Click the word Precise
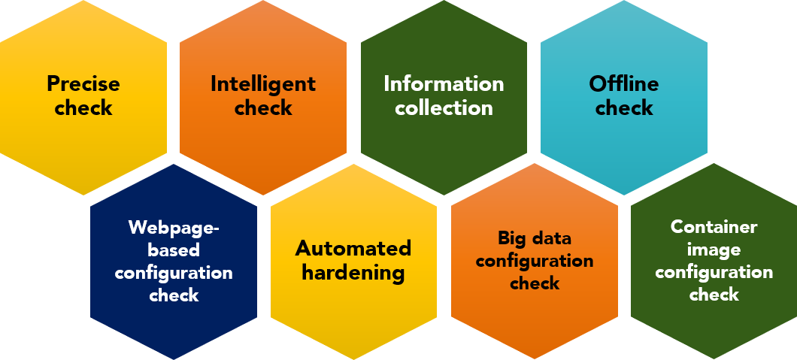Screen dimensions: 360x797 coord(83,83)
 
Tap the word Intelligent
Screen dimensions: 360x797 coord(263,83)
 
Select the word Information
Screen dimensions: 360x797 coord(444,83)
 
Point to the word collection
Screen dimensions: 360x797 coord(444,107)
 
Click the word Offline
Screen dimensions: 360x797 coord(624,83)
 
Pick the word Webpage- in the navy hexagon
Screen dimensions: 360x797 coord(174,227)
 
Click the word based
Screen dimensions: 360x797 coord(174,250)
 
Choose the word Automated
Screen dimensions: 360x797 coord(353,248)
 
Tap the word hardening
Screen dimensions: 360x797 coord(353,271)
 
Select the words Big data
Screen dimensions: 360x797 coord(535,238)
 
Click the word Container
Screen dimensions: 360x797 coord(714,226)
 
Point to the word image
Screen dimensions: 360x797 coord(714,249)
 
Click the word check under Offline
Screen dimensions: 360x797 coord(624,107)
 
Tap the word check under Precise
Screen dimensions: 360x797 coord(83,107)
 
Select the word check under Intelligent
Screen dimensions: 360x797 coord(263,107)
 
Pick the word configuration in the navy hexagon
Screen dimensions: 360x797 coord(174,272)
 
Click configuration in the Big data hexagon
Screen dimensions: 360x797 coord(535,261)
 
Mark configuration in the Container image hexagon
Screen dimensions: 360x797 coord(714,271)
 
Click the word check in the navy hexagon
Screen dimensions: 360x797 coord(174,295)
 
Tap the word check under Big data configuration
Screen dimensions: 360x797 coord(535,283)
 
